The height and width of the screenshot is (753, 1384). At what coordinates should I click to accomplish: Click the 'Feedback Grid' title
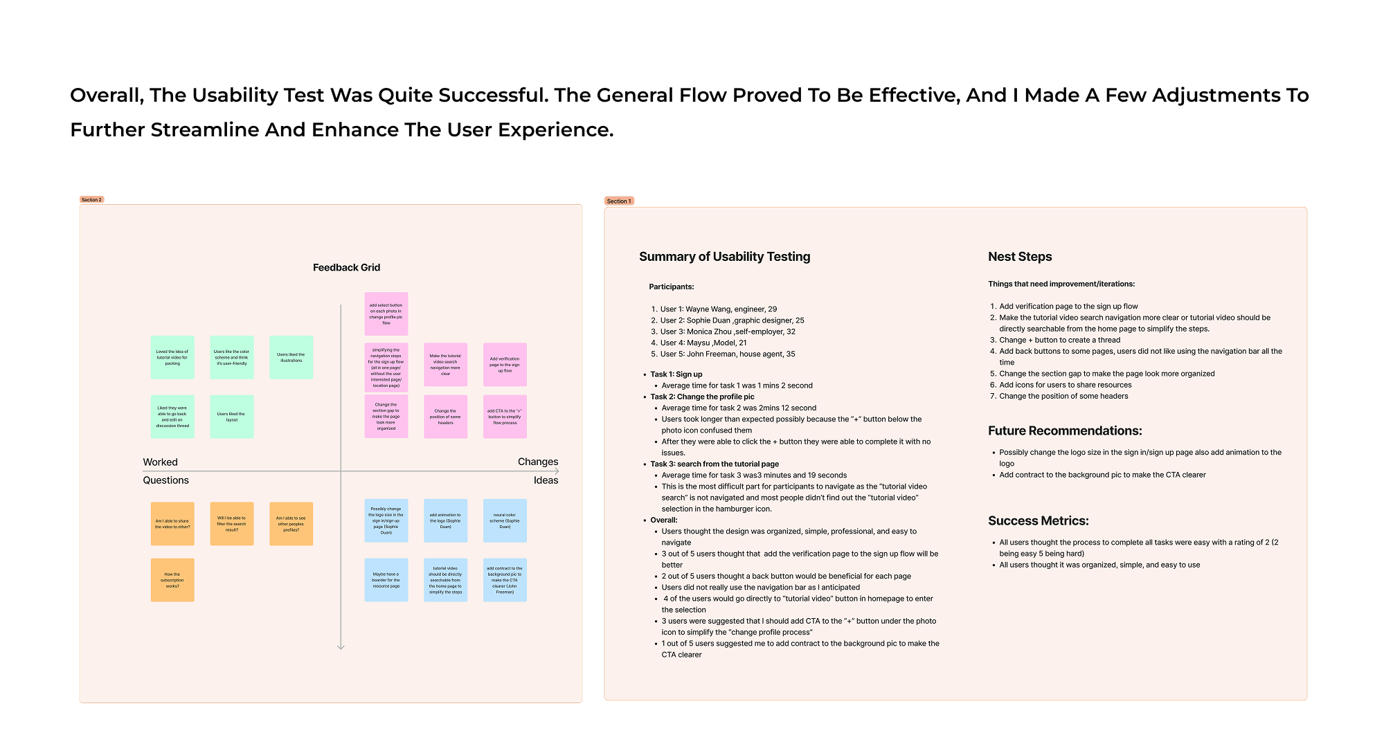pos(346,268)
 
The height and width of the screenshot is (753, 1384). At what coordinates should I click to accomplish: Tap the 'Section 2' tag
pos(91,200)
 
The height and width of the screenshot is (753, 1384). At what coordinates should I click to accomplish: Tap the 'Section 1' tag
pos(618,201)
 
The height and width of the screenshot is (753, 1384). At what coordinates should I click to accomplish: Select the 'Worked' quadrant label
pos(160,462)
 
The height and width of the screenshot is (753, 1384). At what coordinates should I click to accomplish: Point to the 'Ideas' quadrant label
pos(546,480)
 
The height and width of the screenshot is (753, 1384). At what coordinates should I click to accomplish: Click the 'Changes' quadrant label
pos(537,462)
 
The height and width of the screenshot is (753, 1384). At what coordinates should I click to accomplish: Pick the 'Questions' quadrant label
pos(165,480)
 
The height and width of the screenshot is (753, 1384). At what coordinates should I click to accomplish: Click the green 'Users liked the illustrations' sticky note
pos(291,357)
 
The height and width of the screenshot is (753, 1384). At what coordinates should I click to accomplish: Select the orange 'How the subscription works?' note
pos(172,580)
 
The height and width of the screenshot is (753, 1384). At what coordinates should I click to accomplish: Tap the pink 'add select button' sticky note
pos(386,314)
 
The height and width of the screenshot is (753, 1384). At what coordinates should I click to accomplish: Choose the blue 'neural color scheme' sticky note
pos(505,520)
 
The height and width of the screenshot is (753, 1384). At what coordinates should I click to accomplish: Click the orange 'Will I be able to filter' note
pos(231,523)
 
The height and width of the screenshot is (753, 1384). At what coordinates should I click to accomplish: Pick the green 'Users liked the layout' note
pos(231,417)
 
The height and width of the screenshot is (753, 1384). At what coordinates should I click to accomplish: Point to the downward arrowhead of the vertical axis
pos(341,647)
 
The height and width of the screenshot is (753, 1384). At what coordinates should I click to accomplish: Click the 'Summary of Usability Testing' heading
pos(724,257)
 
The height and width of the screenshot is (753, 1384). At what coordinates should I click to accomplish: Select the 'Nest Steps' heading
pos(1020,257)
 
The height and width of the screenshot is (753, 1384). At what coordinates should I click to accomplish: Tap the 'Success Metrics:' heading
pos(1038,521)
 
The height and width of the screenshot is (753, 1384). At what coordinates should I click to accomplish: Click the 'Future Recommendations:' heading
pos(1065,431)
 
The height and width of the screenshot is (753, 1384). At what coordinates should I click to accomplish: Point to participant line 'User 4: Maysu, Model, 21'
pos(703,343)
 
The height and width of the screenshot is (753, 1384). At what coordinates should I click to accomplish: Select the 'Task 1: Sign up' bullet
pos(676,374)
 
